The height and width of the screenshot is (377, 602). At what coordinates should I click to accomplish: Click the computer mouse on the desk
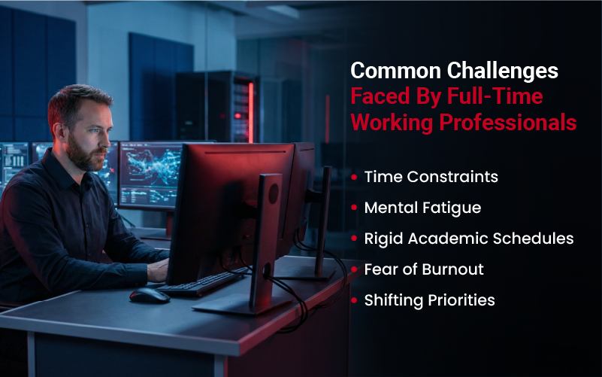coord(149,295)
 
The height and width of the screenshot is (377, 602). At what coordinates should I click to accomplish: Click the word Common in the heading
coord(395,71)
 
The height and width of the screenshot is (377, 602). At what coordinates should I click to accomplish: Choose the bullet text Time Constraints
coord(431,177)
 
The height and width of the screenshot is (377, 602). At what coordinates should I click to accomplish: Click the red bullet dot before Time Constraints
coord(355,178)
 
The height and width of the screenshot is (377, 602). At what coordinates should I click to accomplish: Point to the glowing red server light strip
coord(250,113)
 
